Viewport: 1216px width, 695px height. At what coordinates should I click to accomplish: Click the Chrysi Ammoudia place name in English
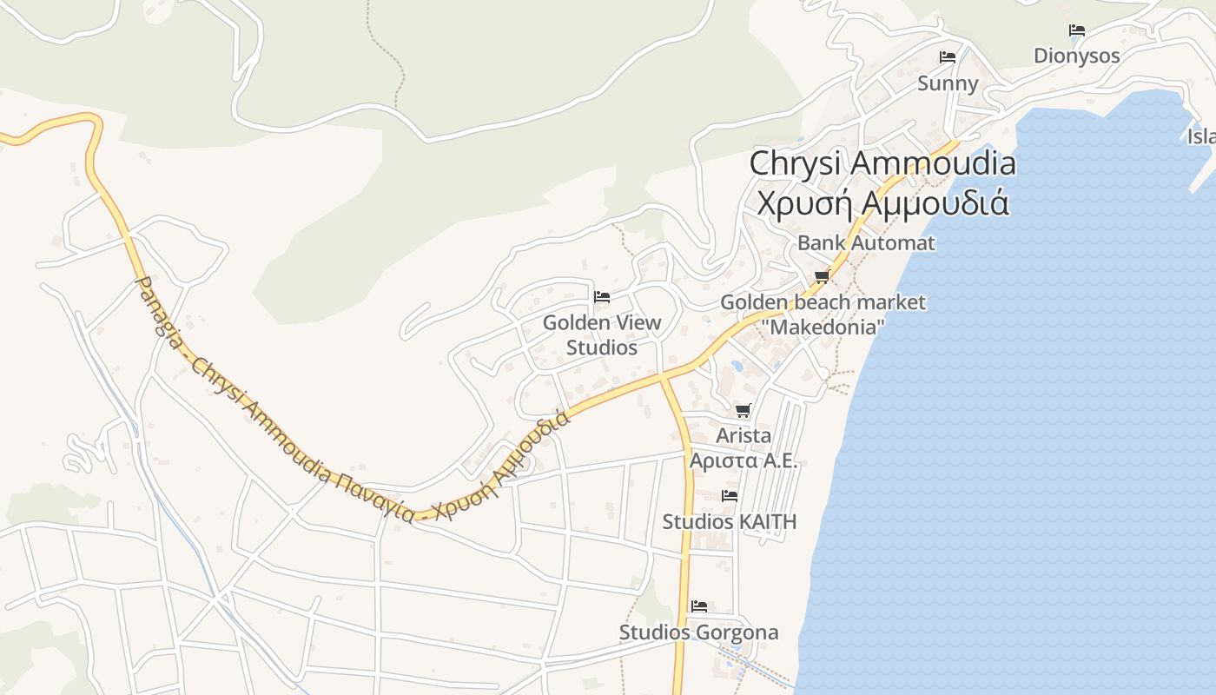[x=882, y=163]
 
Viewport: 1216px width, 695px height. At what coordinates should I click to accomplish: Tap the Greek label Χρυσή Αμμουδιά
[x=882, y=202]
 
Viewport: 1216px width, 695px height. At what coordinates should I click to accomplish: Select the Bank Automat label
[x=866, y=243]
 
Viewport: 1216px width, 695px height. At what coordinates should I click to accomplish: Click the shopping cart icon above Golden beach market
[x=822, y=277]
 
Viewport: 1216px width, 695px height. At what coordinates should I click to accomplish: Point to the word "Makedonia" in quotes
[x=822, y=328]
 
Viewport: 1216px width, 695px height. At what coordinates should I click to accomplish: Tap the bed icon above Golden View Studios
[x=601, y=297]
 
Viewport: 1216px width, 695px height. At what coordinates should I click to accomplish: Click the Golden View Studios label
[x=602, y=335]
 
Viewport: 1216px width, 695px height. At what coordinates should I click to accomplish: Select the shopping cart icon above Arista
[x=743, y=411]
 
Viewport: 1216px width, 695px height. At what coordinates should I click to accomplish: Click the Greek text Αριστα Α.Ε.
[x=743, y=460]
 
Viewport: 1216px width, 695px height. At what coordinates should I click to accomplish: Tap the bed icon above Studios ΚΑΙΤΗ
[x=730, y=496]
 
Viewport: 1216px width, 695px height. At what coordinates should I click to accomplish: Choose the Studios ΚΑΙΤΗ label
[x=729, y=522]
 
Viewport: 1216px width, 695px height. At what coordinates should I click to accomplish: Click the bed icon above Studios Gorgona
[x=699, y=606]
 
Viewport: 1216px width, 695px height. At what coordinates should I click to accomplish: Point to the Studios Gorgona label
[x=698, y=632]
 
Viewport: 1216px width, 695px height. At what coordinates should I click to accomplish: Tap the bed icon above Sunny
[x=948, y=57]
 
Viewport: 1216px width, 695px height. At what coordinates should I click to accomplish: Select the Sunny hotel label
[x=948, y=83]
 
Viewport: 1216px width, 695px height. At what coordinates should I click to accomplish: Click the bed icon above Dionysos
[x=1077, y=30]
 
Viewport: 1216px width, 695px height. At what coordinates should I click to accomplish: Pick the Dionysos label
[x=1077, y=56]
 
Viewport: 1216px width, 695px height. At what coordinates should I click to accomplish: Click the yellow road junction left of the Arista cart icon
[x=662, y=376]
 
